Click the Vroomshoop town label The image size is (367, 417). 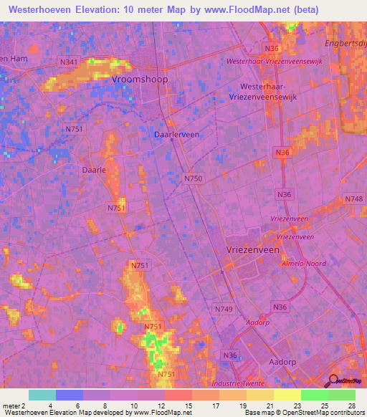(140, 80)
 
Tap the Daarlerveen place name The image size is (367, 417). (177, 134)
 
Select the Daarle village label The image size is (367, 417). (94, 171)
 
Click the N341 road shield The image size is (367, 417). (69, 62)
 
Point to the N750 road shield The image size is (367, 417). (193, 178)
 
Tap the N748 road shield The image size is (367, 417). (353, 198)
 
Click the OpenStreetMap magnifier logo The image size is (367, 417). (332, 382)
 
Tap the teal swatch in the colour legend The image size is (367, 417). (42, 395)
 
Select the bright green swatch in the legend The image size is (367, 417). (315, 395)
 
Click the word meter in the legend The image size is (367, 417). (12, 406)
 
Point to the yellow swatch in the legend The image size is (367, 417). (287, 395)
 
